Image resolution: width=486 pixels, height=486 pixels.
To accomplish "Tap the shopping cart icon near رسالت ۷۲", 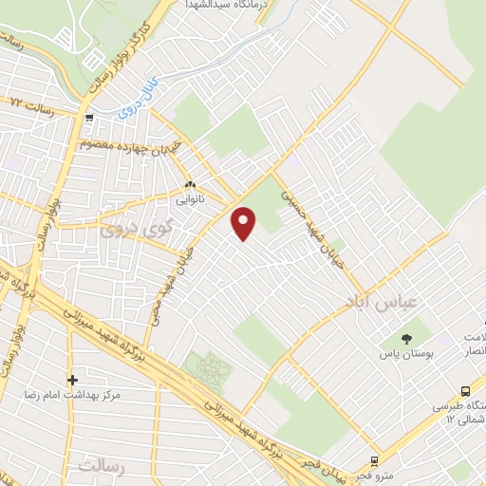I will pyautogui.click(x=88, y=119).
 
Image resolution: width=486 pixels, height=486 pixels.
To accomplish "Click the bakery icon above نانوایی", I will pyautogui.click(x=190, y=185).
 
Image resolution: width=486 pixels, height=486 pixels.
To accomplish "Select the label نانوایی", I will pyautogui.click(x=188, y=200).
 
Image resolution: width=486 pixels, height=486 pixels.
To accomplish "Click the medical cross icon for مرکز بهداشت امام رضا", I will pyautogui.click(x=72, y=381).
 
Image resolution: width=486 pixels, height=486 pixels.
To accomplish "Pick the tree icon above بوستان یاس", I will pyautogui.click(x=406, y=338).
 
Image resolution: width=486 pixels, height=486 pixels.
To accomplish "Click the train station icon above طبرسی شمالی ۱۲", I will pyautogui.click(x=465, y=391).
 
